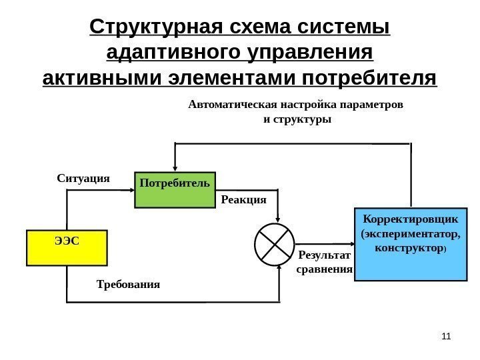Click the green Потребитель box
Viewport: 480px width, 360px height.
coord(173,190)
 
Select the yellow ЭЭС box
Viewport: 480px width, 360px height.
coord(66,247)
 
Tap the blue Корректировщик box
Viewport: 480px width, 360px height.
coord(410,244)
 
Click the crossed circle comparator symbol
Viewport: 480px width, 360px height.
coord(274,243)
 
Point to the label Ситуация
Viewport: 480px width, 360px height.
coord(83,179)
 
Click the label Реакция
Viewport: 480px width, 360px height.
coord(243,199)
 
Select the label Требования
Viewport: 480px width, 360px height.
coord(129,284)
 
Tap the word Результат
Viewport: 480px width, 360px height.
coord(323,255)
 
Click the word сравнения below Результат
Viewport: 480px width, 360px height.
coord(323,269)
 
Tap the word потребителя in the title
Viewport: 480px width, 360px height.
coord(370,77)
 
